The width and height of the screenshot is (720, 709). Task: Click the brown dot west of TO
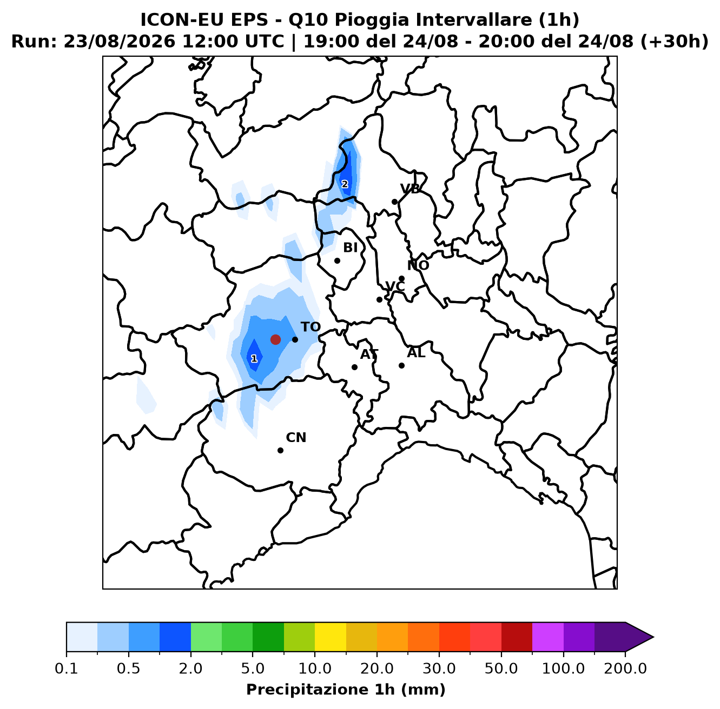(x=275, y=339)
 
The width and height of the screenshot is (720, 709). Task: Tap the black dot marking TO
(x=295, y=339)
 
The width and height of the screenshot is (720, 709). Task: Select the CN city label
(x=296, y=438)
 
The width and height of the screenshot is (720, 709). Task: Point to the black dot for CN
(x=280, y=450)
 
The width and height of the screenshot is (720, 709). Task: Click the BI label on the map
(x=350, y=248)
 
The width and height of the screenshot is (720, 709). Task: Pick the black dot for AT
(x=354, y=367)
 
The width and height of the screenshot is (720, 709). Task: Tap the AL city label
(x=416, y=353)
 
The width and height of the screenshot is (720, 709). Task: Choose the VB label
(x=410, y=189)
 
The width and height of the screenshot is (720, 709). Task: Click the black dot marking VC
(x=379, y=299)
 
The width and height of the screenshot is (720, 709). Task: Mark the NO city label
(x=418, y=265)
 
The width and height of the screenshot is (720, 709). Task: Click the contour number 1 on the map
(x=254, y=359)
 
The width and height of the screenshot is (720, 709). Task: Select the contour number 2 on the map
(x=345, y=184)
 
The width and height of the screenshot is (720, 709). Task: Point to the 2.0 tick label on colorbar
(x=190, y=668)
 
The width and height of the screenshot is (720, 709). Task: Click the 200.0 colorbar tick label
(x=625, y=668)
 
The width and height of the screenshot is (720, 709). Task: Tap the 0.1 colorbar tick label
(x=67, y=668)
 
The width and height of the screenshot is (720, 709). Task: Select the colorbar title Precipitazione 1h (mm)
(x=346, y=689)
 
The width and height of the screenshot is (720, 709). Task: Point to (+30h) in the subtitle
(x=674, y=42)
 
